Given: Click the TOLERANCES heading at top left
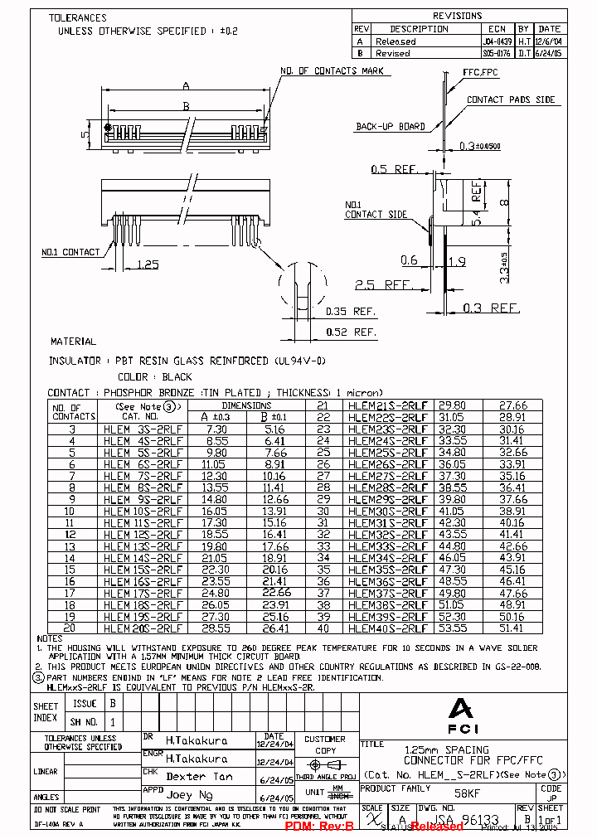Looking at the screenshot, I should tap(77, 17).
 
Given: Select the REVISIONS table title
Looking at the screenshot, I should tap(457, 16).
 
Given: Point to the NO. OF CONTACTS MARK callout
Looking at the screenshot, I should tap(332, 71).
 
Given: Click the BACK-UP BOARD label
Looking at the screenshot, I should tap(391, 127).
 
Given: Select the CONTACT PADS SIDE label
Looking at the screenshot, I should tap(511, 99).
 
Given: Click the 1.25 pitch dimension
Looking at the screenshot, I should tap(147, 264).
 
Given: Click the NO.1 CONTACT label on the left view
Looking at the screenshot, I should tap(70, 252).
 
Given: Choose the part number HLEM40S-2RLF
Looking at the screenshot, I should tap(388, 628).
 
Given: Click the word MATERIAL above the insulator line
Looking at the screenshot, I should tap(73, 342).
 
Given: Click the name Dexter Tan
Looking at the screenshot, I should tap(198, 777).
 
